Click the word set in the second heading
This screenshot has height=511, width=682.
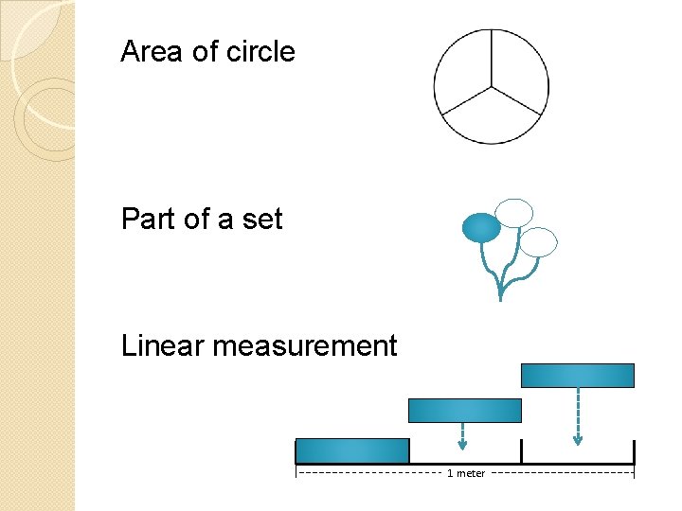point(262,220)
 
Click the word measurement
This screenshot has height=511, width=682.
point(305,346)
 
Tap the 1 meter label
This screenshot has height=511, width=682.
point(466,473)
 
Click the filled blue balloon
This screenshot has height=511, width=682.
point(480,227)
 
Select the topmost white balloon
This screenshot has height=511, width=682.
point(515,213)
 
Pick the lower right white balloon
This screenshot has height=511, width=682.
point(539,242)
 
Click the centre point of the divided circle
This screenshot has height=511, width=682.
point(491,88)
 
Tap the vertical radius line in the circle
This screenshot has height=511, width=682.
point(491,59)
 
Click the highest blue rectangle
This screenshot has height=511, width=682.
point(578,376)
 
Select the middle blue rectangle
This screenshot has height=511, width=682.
point(464,410)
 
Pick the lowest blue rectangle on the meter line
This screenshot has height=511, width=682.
point(352,451)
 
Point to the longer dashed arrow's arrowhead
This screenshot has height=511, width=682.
point(578,439)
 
